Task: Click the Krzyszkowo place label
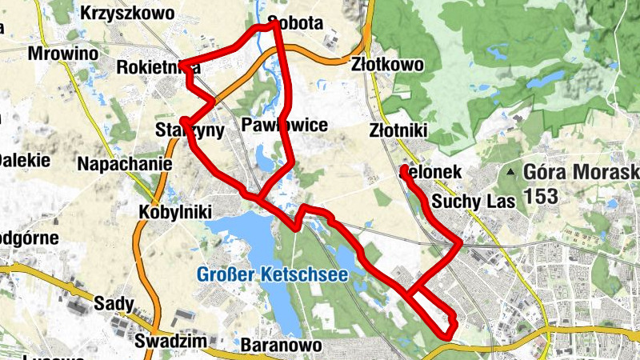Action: tap(129, 14)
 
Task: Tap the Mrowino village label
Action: tap(62, 53)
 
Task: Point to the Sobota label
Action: tap(297, 22)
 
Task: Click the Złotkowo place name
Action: tap(387, 66)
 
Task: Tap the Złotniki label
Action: tap(400, 130)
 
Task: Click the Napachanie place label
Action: tap(126, 164)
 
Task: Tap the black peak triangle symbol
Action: tap(510, 172)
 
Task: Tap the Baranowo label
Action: tap(280, 345)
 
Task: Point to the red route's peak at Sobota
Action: tap(274, 24)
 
